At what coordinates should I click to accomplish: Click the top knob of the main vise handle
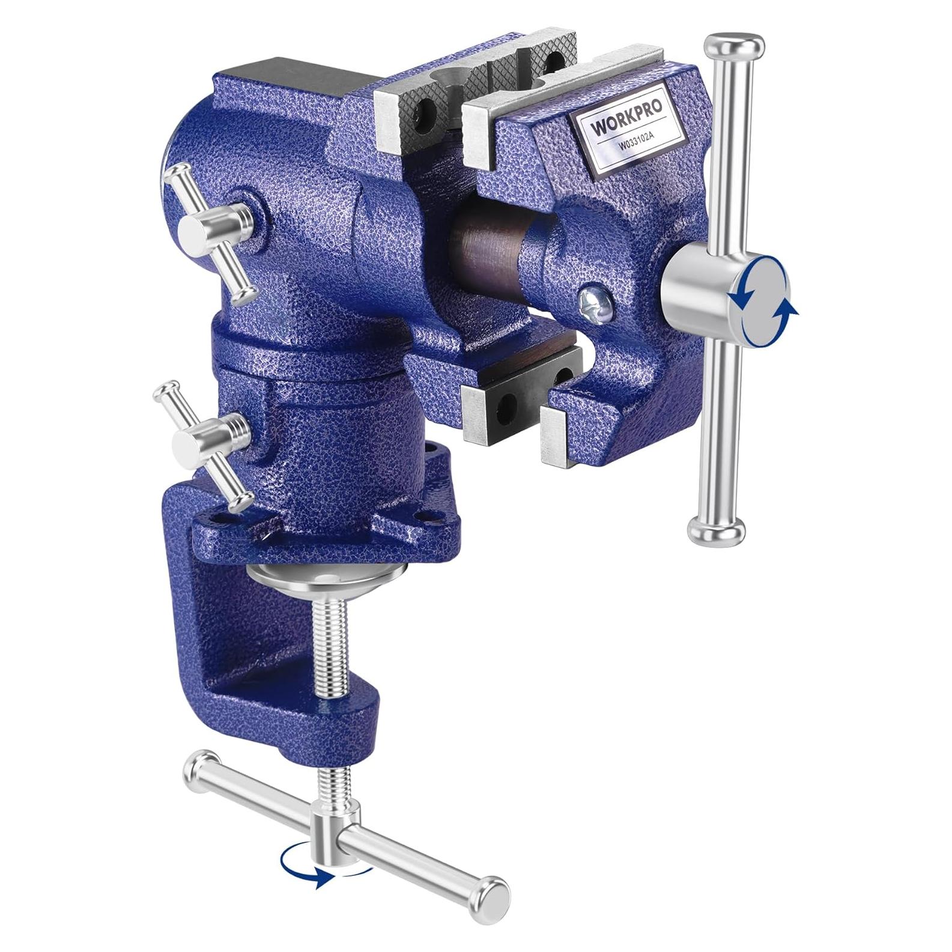(x=733, y=46)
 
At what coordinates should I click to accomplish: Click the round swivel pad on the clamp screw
(x=327, y=574)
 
